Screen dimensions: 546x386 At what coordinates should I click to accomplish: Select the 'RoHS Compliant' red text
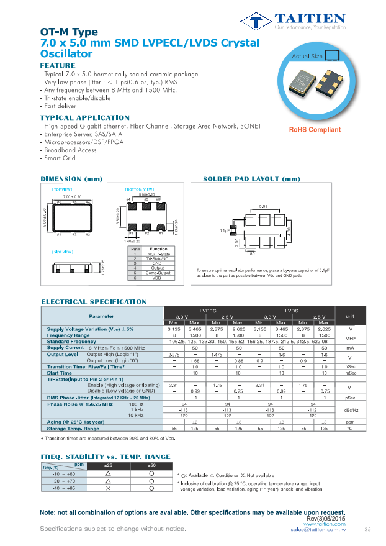pyautogui.click(x=315, y=130)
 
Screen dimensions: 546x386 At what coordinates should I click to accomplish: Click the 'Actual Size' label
pyautogui.click(x=307, y=56)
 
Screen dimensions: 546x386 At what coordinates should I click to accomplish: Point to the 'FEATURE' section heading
pyautogui.click(x=58, y=65)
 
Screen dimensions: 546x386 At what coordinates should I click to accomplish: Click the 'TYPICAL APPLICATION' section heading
pyautogui.click(x=84, y=117)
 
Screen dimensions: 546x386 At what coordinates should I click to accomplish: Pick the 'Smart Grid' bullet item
pyautogui.click(x=58, y=158)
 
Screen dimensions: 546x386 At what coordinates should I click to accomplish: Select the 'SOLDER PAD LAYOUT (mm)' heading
pyautogui.click(x=251, y=179)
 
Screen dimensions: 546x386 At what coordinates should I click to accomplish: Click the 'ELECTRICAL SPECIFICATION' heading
pyautogui.click(x=94, y=302)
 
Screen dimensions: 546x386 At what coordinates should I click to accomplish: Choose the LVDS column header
pyautogui.click(x=292, y=310)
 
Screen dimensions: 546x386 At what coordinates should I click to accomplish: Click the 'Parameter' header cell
pyautogui.click(x=101, y=316)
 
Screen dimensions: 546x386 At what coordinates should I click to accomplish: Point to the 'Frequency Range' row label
pyautogui.click(x=68, y=335)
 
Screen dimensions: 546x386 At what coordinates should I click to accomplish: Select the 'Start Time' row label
pyautogui.click(x=60, y=373)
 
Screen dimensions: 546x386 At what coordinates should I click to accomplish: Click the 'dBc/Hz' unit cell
pyautogui.click(x=350, y=410)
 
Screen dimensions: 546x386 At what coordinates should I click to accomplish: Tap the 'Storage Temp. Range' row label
pyautogui.click(x=73, y=429)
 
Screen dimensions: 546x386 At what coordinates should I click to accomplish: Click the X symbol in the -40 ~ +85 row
pyautogui.click(x=109, y=489)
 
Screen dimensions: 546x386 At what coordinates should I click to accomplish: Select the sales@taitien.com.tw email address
pyautogui.click(x=318, y=530)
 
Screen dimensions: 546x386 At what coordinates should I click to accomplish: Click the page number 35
pyautogui.click(x=367, y=529)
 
